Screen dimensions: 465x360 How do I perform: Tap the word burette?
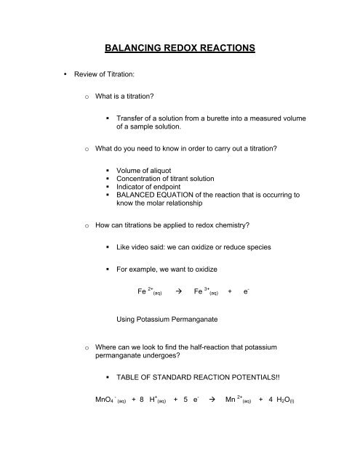231,157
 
